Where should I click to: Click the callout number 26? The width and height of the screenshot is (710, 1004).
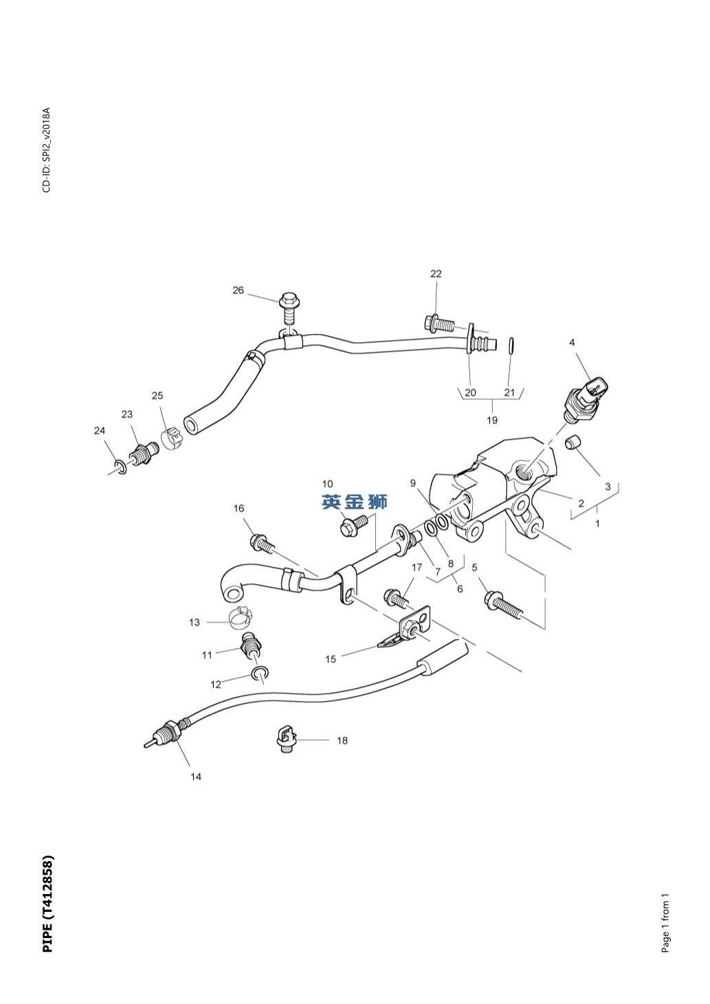tap(238, 290)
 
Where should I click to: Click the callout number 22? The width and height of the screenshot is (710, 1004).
tap(436, 274)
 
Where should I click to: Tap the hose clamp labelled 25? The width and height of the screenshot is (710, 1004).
tap(173, 436)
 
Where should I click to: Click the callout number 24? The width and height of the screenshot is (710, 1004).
tap(100, 431)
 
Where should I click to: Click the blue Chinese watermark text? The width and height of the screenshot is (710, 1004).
tap(355, 502)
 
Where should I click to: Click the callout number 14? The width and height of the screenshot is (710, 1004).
tap(196, 777)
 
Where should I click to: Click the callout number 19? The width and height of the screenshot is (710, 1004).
tap(492, 419)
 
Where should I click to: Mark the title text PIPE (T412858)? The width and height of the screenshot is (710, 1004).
tap(47, 904)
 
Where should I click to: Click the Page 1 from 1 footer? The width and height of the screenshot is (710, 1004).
tap(665, 923)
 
